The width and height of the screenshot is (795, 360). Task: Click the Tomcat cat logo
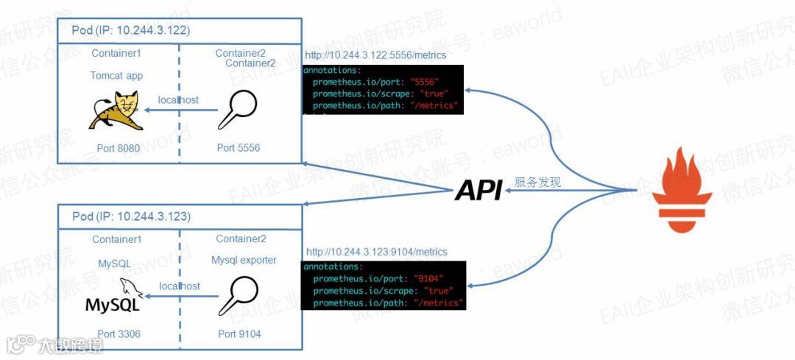(x=116, y=112)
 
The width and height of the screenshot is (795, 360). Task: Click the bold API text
(x=478, y=190)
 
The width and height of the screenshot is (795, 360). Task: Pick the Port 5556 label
(x=239, y=148)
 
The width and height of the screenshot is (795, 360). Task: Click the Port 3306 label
(x=118, y=334)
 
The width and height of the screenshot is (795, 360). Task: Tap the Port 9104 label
(x=239, y=334)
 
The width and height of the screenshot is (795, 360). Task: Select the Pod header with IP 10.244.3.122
(x=130, y=31)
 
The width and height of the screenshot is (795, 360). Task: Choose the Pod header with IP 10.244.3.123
(x=131, y=216)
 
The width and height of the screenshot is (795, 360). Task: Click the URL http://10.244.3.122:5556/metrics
(x=375, y=55)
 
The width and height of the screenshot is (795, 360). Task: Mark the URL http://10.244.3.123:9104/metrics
(x=376, y=252)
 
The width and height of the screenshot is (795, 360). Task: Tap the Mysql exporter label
(x=244, y=260)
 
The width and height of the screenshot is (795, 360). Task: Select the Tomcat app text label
(x=116, y=75)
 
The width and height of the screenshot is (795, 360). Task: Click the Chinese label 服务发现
(x=537, y=183)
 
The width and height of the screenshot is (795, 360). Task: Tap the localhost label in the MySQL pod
(x=180, y=286)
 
